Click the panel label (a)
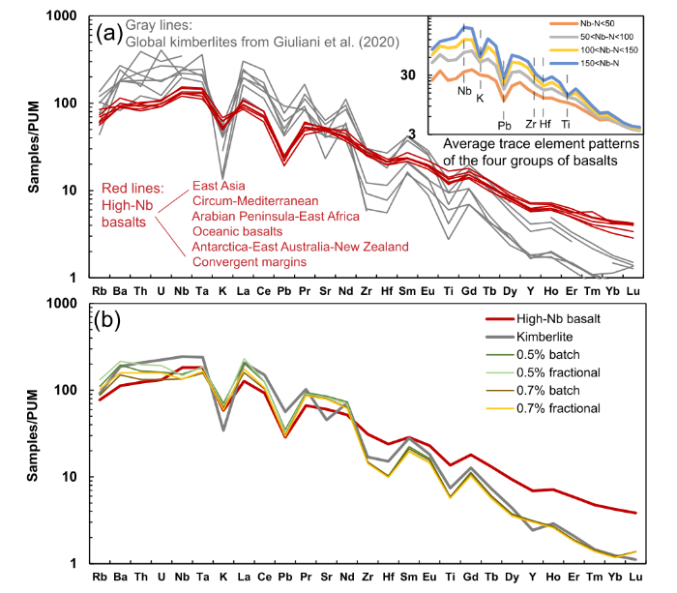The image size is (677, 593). click(108, 36)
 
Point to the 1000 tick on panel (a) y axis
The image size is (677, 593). click(64, 17)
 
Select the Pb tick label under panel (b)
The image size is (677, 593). click(283, 578)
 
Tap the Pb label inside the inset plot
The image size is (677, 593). click(504, 125)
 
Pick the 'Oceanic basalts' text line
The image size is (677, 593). click(235, 230)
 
